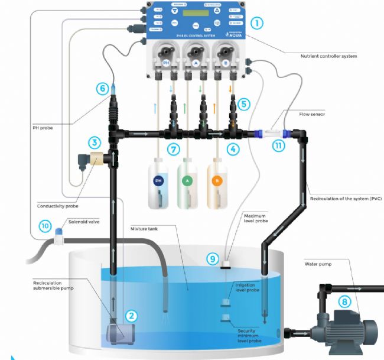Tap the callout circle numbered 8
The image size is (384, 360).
click(x=344, y=301)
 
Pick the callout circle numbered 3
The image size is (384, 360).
click(x=94, y=142)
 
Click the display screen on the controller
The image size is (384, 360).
click(x=196, y=12)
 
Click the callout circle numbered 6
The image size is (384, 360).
click(x=103, y=89)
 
